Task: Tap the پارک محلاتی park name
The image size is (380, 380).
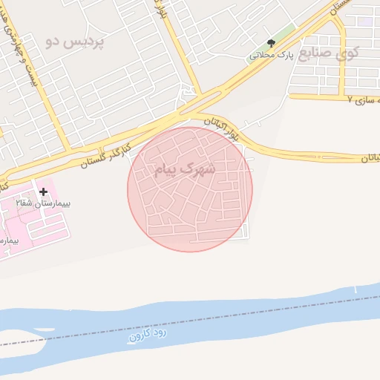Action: tap(272, 55)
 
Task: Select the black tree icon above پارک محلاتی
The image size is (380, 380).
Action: tap(271, 42)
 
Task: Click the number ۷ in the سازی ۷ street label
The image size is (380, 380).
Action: tap(349, 99)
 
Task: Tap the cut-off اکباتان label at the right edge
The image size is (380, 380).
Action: tap(370, 158)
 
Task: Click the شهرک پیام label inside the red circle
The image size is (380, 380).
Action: tap(185, 169)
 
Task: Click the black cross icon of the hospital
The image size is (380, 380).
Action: tap(43, 191)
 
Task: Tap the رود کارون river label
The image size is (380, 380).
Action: tap(149, 334)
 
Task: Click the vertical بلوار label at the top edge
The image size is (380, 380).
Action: tap(160, 9)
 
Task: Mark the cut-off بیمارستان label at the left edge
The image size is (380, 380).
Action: tap(7, 240)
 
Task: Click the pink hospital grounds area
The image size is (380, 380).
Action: tap(30, 223)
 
